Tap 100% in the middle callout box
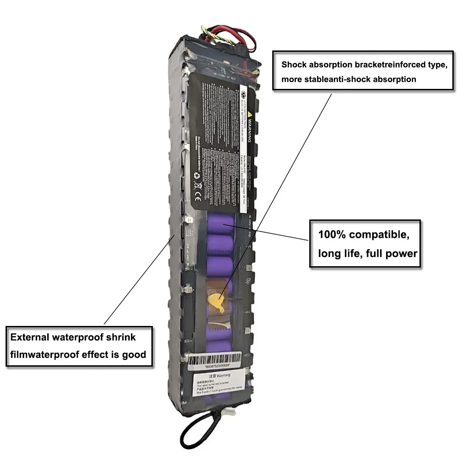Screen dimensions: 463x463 [331, 234]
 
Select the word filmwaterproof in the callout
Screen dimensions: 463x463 [44, 355]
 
